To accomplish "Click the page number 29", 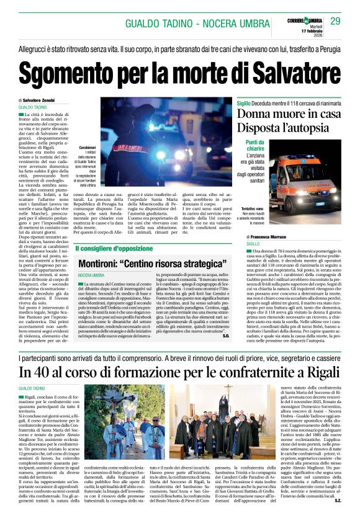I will pos(335,21).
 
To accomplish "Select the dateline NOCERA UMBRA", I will pos(91,275).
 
